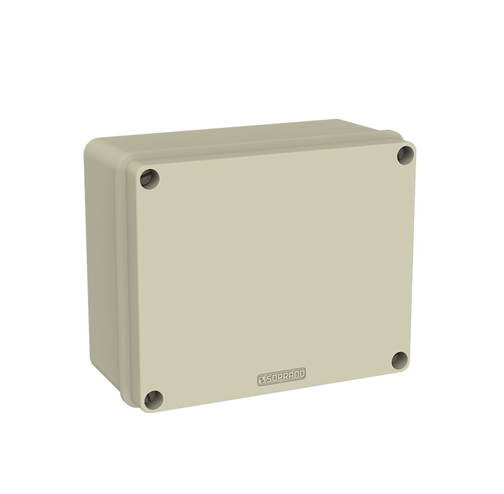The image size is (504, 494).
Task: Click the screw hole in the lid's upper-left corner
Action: [150, 179]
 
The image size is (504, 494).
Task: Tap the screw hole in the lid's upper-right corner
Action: [406, 155]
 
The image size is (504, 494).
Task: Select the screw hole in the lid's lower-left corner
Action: [153, 399]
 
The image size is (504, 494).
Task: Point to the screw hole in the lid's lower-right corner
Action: [400, 360]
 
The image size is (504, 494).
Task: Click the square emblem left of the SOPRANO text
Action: [261, 381]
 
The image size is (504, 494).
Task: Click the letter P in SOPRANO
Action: [280, 378]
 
